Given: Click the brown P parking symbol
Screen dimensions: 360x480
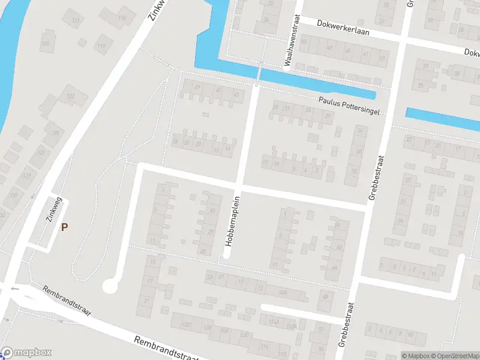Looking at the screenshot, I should coord(64,227).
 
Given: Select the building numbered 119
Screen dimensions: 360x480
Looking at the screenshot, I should coord(102,46).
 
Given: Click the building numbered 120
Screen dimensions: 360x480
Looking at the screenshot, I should coord(46,44).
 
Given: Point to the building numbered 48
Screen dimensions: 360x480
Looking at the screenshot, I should coord(218,91).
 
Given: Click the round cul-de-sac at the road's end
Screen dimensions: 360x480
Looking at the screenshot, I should coord(110,286).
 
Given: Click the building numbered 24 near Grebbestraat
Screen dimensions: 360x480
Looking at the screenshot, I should coord(360,130).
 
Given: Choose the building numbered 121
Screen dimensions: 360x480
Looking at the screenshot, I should coord(75,21).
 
